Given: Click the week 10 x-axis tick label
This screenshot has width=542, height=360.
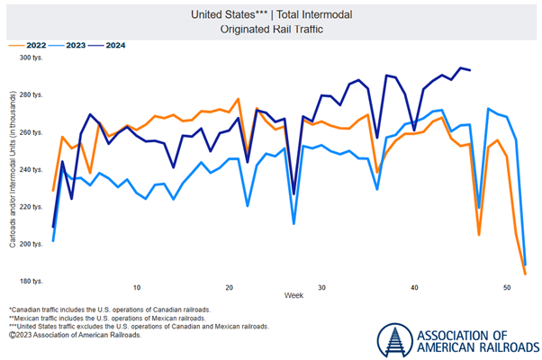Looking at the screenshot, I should [137, 287].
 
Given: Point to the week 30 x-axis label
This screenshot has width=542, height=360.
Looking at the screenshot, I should [321, 287].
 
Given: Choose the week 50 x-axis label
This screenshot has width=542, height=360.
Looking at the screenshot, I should [506, 287].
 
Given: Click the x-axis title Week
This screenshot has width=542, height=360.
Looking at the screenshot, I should [295, 297].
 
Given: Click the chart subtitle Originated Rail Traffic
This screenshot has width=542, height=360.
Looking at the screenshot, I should [271, 28].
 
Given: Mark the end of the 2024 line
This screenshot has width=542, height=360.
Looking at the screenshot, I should [469, 70].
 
